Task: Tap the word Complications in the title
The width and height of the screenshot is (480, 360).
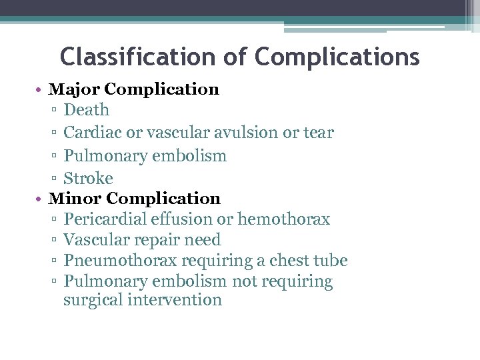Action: coord(337,57)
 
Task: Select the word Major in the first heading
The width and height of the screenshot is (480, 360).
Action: coord(75,89)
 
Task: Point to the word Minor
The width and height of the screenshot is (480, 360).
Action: coord(75,199)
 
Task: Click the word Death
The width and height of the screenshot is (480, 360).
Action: coord(86,110)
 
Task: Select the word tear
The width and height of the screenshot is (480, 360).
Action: coord(318,133)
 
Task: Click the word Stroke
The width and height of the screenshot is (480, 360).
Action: coord(88,179)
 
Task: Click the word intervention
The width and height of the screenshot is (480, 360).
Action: coord(175,300)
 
